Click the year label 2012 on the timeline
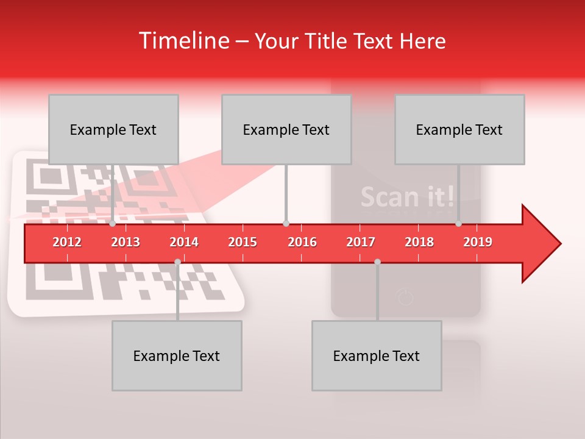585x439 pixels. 67,242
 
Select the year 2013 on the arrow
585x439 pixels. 126,242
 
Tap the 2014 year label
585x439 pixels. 184,242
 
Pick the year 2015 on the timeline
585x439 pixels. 243,242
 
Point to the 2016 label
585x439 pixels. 302,242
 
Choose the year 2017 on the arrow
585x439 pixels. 361,242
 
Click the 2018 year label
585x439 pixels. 419,242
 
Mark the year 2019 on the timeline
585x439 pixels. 478,242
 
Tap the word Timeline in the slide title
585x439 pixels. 183,41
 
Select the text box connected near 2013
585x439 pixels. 113,129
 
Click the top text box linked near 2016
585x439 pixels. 286,129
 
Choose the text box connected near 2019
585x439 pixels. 459,129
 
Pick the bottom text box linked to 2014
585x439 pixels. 177,355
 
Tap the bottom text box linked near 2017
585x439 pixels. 377,355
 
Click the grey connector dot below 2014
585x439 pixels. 177,262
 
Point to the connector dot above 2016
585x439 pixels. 286,224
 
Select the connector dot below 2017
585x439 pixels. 377,262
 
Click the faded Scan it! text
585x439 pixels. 407,196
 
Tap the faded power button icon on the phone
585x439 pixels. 405,298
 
